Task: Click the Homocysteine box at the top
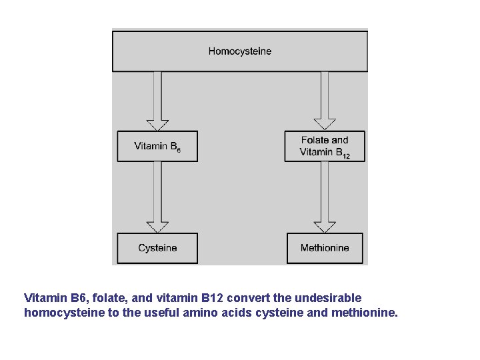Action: pyautogui.click(x=240, y=51)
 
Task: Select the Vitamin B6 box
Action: pyautogui.click(x=157, y=147)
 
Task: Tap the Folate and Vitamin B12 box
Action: pyautogui.click(x=325, y=147)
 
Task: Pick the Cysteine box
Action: pyautogui.click(x=157, y=248)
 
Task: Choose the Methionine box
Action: pyautogui.click(x=325, y=248)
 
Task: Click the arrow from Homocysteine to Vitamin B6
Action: pyautogui.click(x=157, y=100)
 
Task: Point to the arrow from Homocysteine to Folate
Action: pyautogui.click(x=325, y=100)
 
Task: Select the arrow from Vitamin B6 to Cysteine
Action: pyautogui.click(x=157, y=197)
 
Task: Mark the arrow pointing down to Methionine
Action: pyautogui.click(x=325, y=197)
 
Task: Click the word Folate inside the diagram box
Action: pyautogui.click(x=315, y=140)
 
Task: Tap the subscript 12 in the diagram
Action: pyautogui.click(x=346, y=156)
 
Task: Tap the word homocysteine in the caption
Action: pyautogui.click(x=64, y=312)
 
